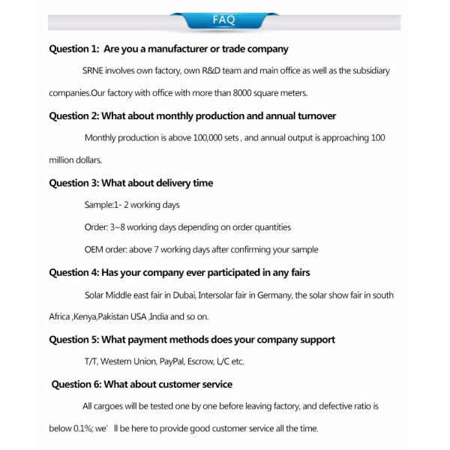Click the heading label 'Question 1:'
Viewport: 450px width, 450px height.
[73, 49]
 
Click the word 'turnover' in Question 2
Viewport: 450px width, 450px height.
[315, 116]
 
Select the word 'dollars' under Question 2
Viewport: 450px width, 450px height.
[88, 160]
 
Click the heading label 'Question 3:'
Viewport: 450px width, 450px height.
[73, 183]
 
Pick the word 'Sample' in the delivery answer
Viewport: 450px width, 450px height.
[97, 205]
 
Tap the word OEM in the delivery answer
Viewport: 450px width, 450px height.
[94, 250]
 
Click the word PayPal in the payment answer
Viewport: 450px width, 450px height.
[172, 361]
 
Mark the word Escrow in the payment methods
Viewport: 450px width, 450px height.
[206, 361]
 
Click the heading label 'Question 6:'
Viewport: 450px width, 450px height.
[75, 384]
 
